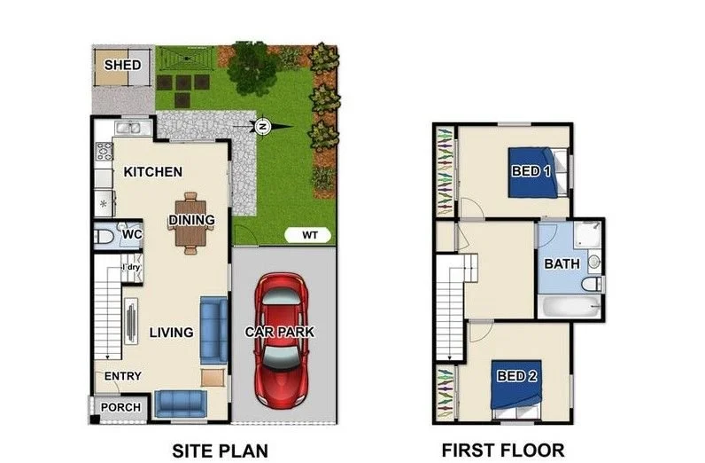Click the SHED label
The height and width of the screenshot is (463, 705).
[122, 66]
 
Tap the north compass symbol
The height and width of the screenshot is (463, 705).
[262, 127]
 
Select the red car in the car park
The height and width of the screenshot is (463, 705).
[281, 340]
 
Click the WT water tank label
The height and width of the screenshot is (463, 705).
[310, 235]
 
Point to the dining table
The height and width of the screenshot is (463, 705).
[190, 223]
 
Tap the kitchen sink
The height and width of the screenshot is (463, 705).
[128, 128]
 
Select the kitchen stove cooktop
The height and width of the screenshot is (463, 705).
[105, 152]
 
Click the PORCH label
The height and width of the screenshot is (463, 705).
[120, 408]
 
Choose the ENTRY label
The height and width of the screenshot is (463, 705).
[123, 376]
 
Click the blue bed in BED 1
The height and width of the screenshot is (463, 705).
[536, 172]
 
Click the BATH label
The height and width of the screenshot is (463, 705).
[562, 264]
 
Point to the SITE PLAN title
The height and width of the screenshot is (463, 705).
[221, 451]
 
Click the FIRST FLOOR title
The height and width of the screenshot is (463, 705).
[503, 451]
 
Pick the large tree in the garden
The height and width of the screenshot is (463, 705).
[252, 67]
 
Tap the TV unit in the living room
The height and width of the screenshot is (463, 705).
[130, 322]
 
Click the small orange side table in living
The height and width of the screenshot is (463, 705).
[213, 378]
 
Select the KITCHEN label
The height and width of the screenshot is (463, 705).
[153, 172]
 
